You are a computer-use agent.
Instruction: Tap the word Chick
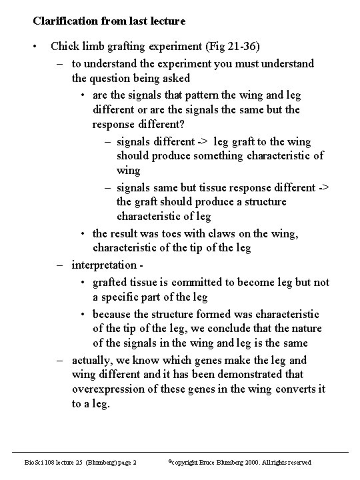(x=65, y=47)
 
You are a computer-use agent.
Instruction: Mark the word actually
(x=93, y=360)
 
